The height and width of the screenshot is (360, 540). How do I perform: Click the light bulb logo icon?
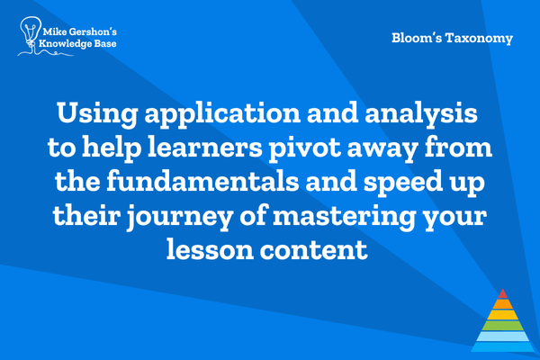[31, 34]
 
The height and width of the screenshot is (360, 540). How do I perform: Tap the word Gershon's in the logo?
[93, 32]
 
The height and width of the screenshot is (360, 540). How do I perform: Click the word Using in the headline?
[97, 114]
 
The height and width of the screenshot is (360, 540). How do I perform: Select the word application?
[222, 114]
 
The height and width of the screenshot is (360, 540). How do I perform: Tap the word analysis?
[421, 114]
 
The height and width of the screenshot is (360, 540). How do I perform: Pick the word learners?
[205, 147]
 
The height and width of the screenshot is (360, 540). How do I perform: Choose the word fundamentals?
[202, 181]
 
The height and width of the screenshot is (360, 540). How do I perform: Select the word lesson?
[210, 249]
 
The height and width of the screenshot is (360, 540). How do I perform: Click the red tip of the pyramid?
[503, 294]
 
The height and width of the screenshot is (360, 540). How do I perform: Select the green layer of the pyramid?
[503, 326]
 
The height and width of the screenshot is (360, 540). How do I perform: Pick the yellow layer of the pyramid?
[503, 314]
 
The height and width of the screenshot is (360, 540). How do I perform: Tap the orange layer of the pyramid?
[503, 304]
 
